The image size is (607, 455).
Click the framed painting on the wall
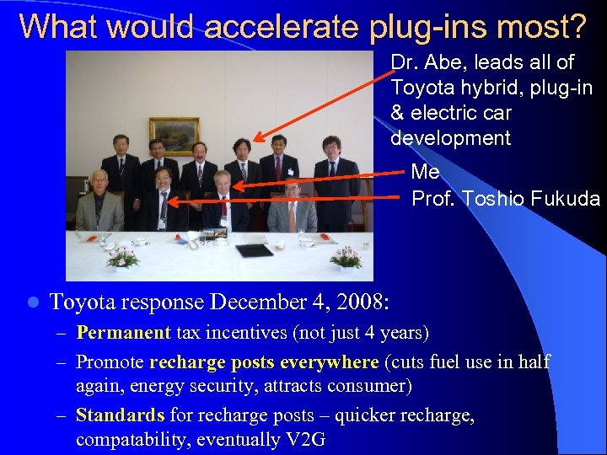point(175,135)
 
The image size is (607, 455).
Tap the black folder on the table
point(254,250)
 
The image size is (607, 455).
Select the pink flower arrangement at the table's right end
point(346,257)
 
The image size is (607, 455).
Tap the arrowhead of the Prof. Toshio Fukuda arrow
point(172,201)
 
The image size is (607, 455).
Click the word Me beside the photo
point(425,173)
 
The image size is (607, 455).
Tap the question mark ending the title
point(577,27)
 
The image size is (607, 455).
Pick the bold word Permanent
point(123,333)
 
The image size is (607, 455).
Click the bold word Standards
point(120,415)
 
